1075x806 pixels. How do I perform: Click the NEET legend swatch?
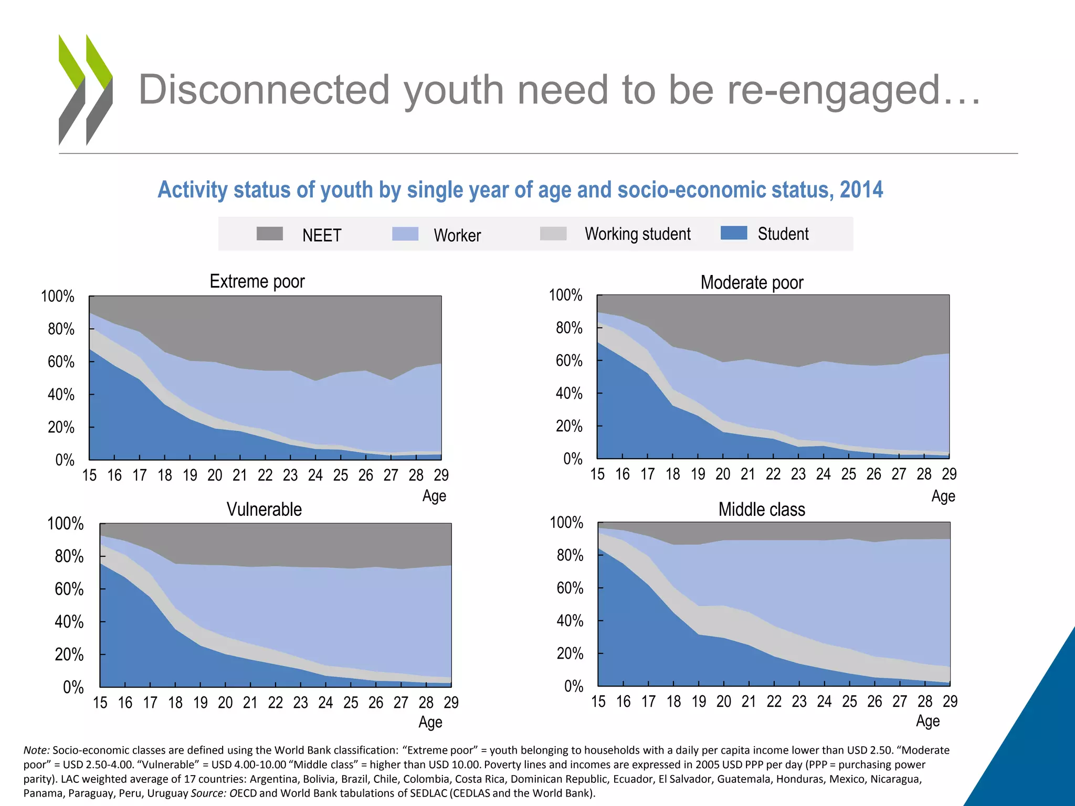point(270,234)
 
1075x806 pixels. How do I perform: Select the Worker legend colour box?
point(405,234)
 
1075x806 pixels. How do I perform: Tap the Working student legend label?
point(638,234)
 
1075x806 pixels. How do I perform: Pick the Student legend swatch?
point(734,233)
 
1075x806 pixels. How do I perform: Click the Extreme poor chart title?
point(257,282)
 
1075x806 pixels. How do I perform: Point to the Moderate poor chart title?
point(752,283)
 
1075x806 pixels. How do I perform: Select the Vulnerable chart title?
point(264,510)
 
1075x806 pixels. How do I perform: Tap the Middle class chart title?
point(762,510)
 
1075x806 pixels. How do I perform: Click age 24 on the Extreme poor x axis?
point(315,475)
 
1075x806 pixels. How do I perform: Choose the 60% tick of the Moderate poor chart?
point(569,361)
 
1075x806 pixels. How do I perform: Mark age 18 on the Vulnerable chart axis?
point(175,703)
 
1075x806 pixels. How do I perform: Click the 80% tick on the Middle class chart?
point(570,555)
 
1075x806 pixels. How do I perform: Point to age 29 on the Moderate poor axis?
point(949,474)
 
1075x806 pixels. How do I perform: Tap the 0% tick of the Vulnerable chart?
point(73,687)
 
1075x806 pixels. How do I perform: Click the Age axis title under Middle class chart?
point(928,721)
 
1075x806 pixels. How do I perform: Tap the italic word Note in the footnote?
point(36,750)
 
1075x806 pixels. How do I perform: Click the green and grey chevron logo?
point(86,90)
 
